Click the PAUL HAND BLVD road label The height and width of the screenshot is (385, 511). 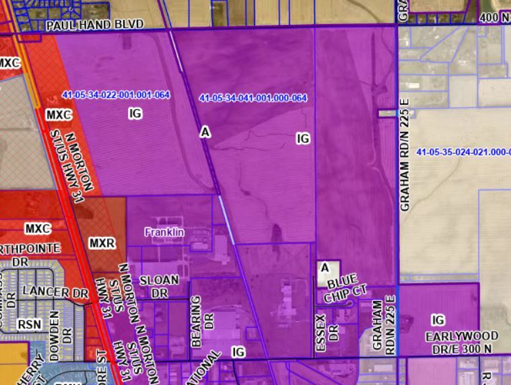click(95, 25)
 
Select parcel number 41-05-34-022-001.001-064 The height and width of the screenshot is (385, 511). click(115, 95)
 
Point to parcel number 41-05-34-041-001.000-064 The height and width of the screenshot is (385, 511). click(253, 98)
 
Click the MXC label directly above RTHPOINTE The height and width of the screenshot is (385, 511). click(38, 229)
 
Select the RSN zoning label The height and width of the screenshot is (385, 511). click(30, 324)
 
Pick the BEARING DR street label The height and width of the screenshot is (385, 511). click(197, 321)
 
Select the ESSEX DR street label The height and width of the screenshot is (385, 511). click(320, 331)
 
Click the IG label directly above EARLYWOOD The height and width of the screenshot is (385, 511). click(438, 320)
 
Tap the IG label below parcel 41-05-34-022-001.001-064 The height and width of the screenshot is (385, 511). click(135, 114)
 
